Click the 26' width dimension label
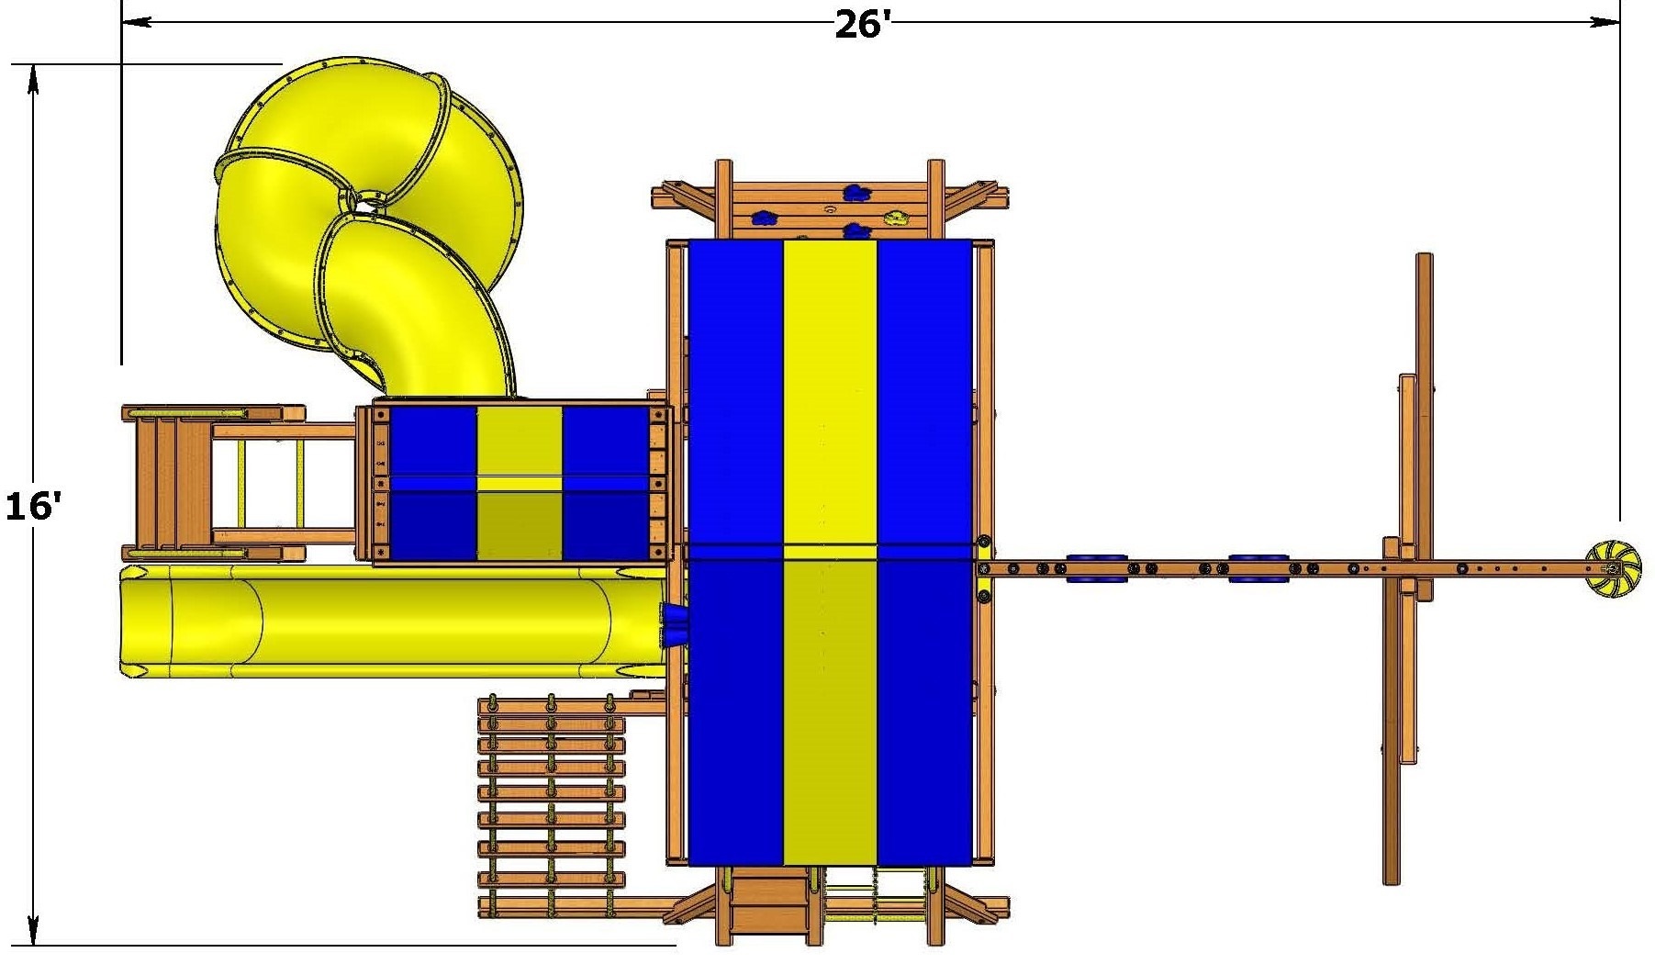pos(864,25)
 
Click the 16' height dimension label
pos(33,506)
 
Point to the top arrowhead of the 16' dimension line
pos(34,79)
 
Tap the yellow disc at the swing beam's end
pos(1609,569)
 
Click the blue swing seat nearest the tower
pos(1094,568)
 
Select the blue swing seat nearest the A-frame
pos(1258,568)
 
